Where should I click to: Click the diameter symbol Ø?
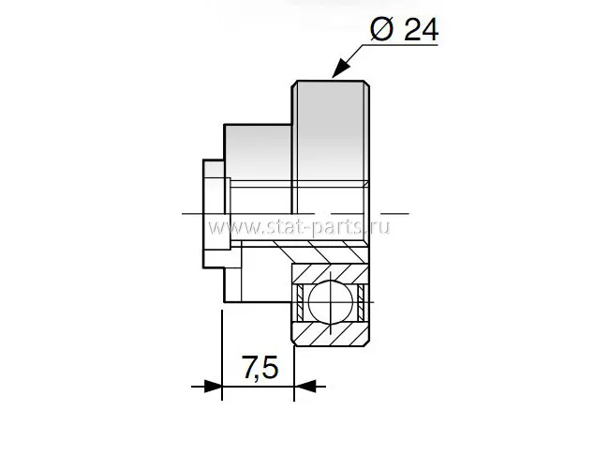click(x=381, y=29)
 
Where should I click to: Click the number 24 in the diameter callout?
click(x=422, y=30)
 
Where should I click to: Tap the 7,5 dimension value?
click(x=260, y=368)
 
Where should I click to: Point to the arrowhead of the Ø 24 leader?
click(x=339, y=69)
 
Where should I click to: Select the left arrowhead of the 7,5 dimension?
click(x=213, y=387)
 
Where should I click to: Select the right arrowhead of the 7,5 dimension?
click(x=304, y=387)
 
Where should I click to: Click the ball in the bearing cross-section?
click(x=331, y=301)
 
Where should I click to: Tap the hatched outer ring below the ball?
click(x=331, y=334)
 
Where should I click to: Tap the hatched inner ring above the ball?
click(x=331, y=273)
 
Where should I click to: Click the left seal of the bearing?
click(x=300, y=302)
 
